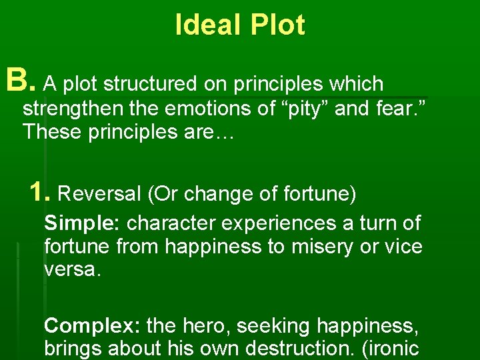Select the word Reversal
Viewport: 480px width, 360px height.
(100, 194)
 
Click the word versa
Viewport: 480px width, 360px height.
(73, 270)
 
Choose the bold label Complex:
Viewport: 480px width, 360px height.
(92, 326)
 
